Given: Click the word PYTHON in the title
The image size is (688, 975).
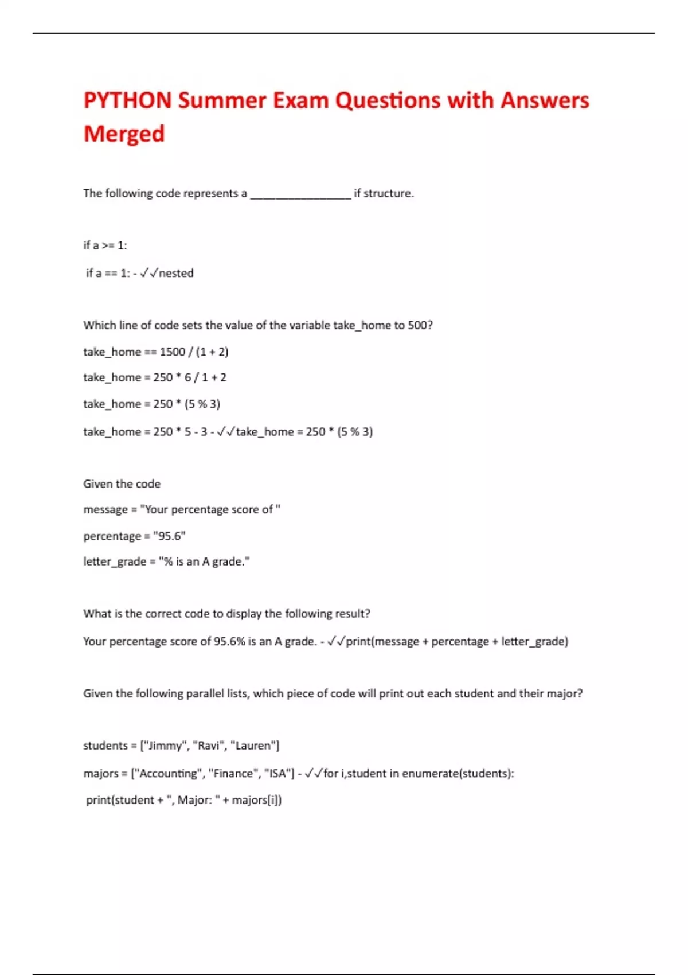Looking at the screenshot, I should click(127, 100).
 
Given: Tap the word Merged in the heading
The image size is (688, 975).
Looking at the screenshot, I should click(124, 134).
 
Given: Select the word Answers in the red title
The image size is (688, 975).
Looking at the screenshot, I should click(544, 100).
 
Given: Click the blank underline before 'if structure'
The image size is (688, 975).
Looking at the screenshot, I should click(300, 195).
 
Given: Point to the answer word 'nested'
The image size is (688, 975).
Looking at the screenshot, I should click(176, 274).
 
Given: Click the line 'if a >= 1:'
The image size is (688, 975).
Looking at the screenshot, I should click(105, 245).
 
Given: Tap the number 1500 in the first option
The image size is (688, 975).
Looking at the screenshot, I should click(172, 352).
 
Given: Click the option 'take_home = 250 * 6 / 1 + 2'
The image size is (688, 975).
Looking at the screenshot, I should click(155, 377).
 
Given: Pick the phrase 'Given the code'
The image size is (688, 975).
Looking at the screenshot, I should click(122, 484).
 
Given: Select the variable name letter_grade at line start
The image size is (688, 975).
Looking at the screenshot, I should click(115, 562).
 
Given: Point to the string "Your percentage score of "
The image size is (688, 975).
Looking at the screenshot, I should click(210, 510).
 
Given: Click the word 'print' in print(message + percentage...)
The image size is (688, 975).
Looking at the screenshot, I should click(358, 642).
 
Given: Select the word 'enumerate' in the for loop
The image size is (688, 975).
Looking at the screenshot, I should click(430, 774).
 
